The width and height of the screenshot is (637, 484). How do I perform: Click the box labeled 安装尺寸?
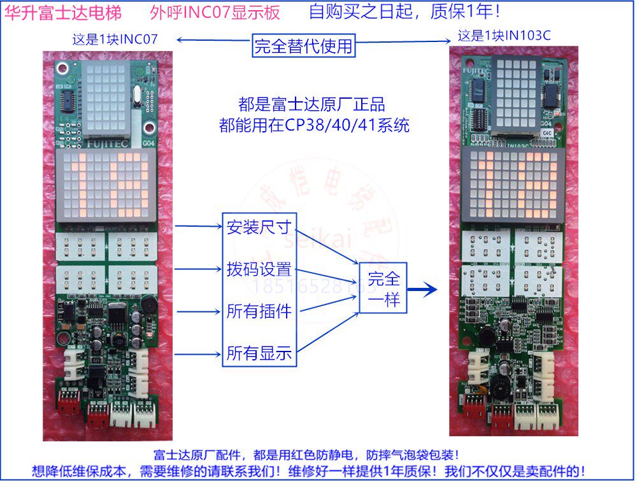(x=259, y=227)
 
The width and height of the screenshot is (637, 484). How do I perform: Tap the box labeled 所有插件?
(x=259, y=311)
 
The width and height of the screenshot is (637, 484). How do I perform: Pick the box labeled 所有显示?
(x=259, y=354)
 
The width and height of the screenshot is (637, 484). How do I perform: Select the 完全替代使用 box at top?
(x=303, y=45)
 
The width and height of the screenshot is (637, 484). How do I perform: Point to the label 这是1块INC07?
(x=115, y=39)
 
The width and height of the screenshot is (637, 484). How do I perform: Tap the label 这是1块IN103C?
(x=504, y=35)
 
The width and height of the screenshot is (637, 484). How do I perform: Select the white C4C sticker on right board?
(x=546, y=132)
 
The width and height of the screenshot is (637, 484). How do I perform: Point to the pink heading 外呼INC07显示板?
(x=215, y=13)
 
